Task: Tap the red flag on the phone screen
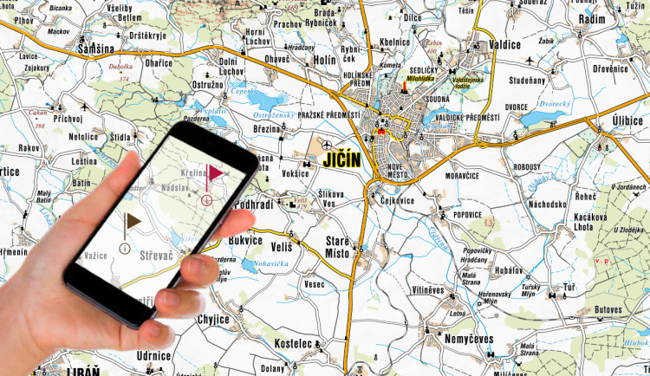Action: tap(211, 173)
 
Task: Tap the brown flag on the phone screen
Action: tap(132, 223)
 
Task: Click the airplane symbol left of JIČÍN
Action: tap(326, 145)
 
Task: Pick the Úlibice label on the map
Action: tap(627, 120)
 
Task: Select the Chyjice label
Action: tap(213, 319)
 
